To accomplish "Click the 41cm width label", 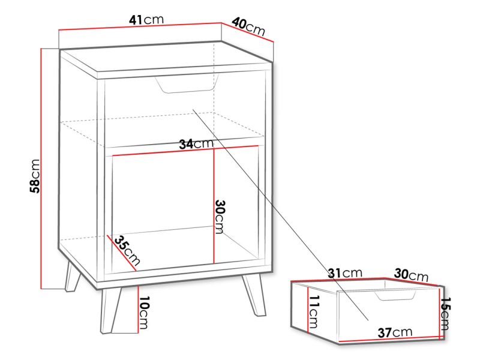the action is [146, 20].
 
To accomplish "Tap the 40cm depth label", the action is [248, 26].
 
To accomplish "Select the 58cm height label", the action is [35, 176].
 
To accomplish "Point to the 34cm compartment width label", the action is [196, 143].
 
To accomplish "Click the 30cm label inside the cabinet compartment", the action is [220, 217].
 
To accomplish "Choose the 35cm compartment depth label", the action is [127, 250].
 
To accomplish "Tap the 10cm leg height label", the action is [144, 312].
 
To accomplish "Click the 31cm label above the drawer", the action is [344, 273].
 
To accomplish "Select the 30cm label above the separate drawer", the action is [411, 274].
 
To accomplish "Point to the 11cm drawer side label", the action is [314, 312].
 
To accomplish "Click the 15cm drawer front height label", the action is [445, 314].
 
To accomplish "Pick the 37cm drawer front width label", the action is [395, 332].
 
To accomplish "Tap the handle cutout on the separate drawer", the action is [395, 295].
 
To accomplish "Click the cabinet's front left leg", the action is [112, 310].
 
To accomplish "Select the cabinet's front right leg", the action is [254, 295].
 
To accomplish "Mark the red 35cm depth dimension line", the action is [122, 253].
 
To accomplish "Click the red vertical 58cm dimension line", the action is [41, 169].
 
